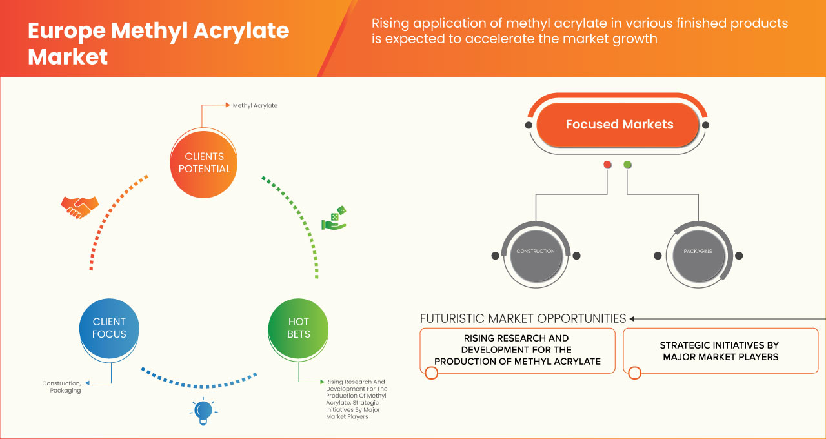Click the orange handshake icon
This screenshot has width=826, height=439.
click(x=79, y=207)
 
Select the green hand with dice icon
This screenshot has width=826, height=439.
click(x=334, y=219)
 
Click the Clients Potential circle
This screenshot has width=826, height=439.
click(x=203, y=163)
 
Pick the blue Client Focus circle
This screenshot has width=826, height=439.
click(x=109, y=328)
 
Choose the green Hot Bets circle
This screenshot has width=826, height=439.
click(x=298, y=328)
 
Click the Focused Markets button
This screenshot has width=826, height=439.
click(x=619, y=125)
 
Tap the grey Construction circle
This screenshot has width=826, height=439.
click(x=535, y=251)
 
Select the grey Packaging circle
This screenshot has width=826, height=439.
click(x=698, y=251)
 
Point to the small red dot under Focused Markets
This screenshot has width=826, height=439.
click(x=607, y=165)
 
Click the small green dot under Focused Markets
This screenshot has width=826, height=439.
click(x=627, y=165)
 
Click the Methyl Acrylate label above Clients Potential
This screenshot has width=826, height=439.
click(x=255, y=105)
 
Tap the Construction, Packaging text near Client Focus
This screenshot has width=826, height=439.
click(x=62, y=387)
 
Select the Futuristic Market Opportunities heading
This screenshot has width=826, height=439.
click(x=523, y=318)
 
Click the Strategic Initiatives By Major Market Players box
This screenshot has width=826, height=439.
click(x=720, y=351)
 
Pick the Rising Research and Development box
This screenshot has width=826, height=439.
click(x=516, y=351)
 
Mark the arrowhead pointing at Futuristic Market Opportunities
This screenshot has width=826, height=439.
click(x=632, y=318)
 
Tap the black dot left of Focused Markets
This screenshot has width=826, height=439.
click(x=529, y=125)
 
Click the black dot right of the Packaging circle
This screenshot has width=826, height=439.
click(x=739, y=256)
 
